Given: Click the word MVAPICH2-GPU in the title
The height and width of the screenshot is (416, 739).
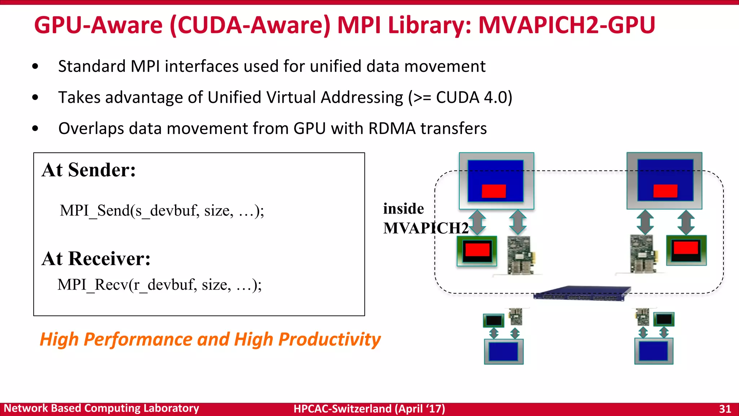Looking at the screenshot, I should tap(566, 25).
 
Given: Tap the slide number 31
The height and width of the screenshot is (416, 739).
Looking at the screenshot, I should tap(725, 409).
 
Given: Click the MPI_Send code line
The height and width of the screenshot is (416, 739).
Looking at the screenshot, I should tap(162, 211).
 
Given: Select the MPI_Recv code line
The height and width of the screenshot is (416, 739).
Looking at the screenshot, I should tap(159, 285).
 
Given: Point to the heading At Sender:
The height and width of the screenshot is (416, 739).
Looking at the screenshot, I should tap(89, 170).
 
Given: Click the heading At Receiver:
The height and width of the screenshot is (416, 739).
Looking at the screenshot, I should tap(96, 259).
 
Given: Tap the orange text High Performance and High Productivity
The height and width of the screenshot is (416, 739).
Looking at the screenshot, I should tap(210, 339).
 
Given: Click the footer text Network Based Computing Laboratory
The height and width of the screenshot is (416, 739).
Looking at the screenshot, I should tap(101, 408).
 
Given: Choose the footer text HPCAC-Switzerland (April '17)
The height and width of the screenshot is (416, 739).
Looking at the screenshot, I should tap(369, 409).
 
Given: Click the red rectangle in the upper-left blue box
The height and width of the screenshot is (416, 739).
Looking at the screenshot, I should tap(494, 191).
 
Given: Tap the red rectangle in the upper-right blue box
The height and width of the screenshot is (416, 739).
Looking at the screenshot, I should tap(665, 191).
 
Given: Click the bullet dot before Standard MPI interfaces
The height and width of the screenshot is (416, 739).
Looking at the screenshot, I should tap(35, 66).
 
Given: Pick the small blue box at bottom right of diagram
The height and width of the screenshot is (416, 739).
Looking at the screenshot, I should tap(653, 351).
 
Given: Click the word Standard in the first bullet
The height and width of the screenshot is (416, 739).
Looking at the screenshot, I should tap(92, 66).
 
